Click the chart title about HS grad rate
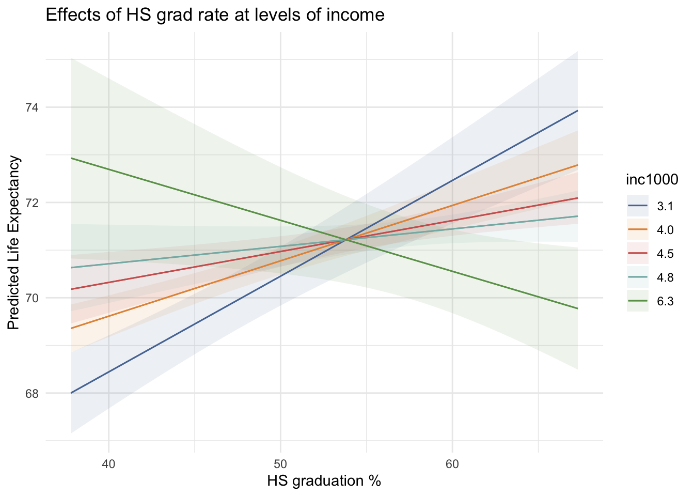(x=215, y=15)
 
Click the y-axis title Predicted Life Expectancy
(x=14, y=243)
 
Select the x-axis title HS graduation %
(x=324, y=481)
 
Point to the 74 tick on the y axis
(x=32, y=107)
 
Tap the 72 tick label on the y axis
(x=32, y=203)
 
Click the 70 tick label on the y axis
(x=32, y=298)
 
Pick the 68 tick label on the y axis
(x=32, y=393)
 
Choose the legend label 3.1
(x=665, y=207)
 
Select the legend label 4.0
(x=665, y=230)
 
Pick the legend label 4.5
(x=665, y=254)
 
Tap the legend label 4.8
(x=665, y=278)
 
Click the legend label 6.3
(x=665, y=302)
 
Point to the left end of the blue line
(x=71, y=393)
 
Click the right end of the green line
(x=577, y=308)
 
